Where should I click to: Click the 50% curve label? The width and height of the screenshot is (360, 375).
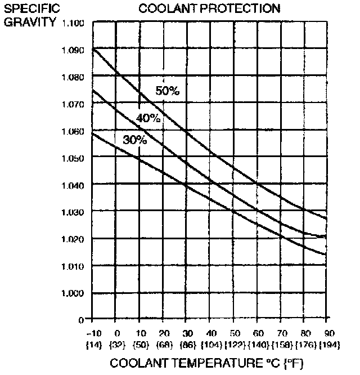tap(167, 90)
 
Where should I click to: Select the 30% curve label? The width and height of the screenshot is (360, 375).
tap(134, 140)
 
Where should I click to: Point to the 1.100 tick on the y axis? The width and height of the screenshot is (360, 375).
tap(74, 23)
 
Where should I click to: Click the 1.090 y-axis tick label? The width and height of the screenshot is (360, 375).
tap(74, 50)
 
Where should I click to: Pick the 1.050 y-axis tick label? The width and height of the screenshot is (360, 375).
tap(74, 158)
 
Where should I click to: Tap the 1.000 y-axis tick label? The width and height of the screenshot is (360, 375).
tap(74, 293)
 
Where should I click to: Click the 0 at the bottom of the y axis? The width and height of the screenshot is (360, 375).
tap(81, 319)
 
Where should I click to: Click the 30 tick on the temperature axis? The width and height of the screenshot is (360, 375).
tap(186, 332)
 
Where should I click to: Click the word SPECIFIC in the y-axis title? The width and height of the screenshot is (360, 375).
tap(28, 10)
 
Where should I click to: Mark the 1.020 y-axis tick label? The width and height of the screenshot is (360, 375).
tap(74, 239)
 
